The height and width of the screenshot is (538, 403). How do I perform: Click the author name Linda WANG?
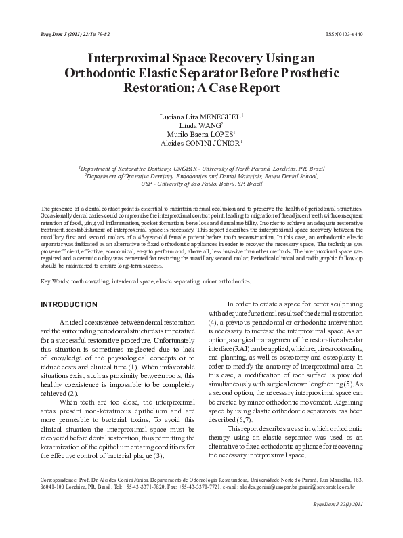201,125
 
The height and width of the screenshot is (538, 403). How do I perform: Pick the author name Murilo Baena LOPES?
201,134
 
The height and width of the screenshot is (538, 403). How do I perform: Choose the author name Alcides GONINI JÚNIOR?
201,143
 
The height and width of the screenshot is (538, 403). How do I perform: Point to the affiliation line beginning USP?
201,183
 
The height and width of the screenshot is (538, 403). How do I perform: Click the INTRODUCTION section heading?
68,304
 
